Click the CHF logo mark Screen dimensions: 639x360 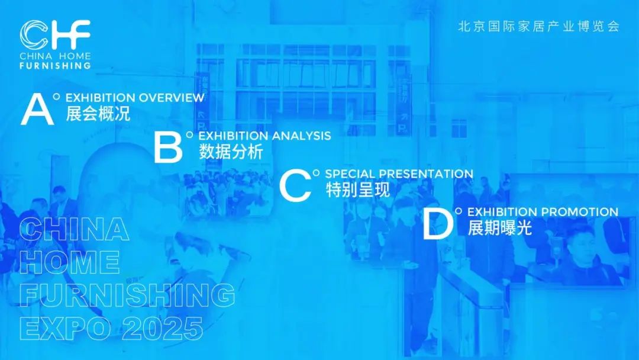[x=54, y=34]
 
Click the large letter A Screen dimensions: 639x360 [x=37, y=110]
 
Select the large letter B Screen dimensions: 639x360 [x=168, y=147]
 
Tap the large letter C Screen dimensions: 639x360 [x=295, y=185]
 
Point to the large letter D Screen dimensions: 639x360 [x=438, y=223]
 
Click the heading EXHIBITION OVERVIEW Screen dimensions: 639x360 [x=135, y=98]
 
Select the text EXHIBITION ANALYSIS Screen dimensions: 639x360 [x=264, y=136]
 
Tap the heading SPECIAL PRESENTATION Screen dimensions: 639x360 [x=399, y=173]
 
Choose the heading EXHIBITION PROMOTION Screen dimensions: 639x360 [x=543, y=212]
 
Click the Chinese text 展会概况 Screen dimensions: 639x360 [x=98, y=114]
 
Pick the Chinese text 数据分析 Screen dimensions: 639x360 [x=231, y=152]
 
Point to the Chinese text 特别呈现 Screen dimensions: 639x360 [x=358, y=189]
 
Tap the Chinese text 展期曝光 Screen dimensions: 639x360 [x=500, y=228]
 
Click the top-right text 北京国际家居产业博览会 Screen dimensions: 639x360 [x=539, y=27]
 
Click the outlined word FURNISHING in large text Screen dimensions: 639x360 [x=127, y=295]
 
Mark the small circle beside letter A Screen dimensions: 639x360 [x=56, y=97]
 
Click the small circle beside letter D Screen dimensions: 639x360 [x=459, y=211]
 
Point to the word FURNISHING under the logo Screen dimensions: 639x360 [x=55, y=66]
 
